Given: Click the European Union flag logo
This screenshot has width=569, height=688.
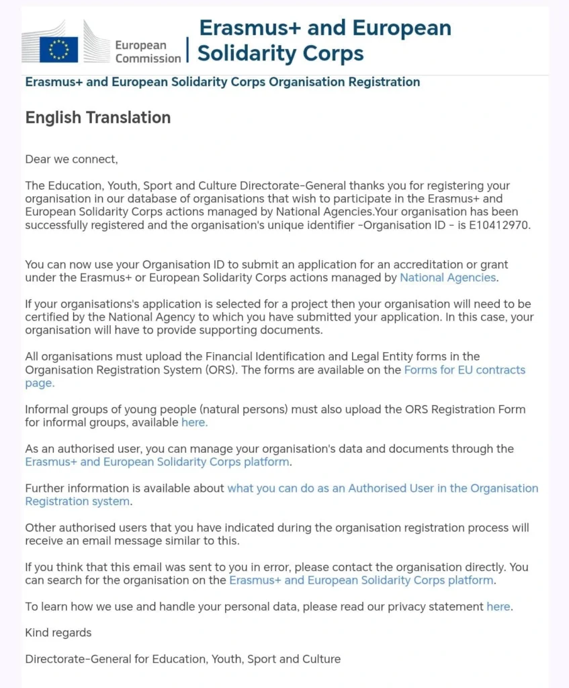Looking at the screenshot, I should (59, 49).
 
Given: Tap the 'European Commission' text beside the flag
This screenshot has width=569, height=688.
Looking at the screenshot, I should (148, 52).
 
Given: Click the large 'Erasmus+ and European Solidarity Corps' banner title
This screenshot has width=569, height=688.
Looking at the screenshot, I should (324, 40).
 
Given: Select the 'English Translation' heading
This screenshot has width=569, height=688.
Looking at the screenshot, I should (98, 118).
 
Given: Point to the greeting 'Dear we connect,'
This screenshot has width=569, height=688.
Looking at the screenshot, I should (71, 159).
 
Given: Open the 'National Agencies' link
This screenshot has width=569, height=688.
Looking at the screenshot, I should (448, 277).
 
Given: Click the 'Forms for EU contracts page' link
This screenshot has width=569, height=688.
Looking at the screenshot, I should (464, 370).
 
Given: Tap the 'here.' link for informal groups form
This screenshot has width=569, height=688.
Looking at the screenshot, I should (194, 423).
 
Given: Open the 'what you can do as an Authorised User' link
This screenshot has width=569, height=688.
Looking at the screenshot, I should (382, 488).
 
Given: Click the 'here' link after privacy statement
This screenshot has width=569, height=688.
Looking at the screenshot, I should (498, 607).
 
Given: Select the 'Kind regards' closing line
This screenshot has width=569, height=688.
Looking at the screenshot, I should (58, 633).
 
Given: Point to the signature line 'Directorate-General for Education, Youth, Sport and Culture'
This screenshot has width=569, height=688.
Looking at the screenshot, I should (183, 659).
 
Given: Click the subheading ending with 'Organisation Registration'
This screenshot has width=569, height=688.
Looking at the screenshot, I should (222, 83).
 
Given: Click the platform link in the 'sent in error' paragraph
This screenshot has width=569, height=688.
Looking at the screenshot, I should (361, 580).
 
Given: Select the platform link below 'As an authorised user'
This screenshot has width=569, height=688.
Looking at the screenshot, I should (157, 462).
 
